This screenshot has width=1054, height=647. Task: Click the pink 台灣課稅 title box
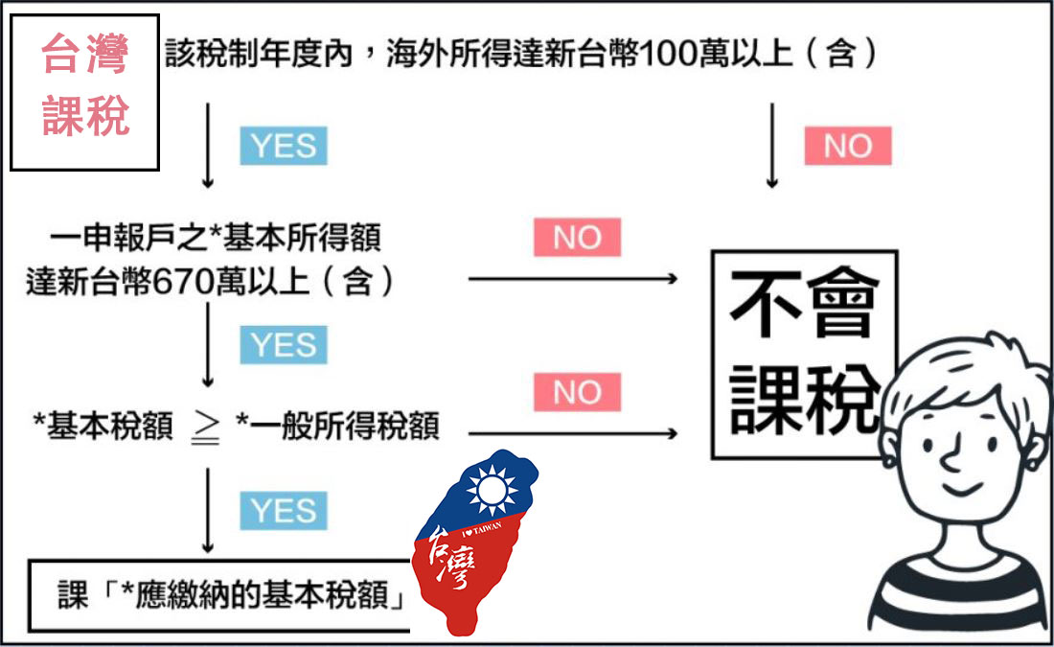coord(84,92)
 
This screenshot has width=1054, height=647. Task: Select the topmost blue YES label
coord(283,147)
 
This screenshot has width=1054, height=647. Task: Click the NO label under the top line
coord(847,147)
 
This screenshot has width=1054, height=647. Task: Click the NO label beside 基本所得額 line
coord(577,237)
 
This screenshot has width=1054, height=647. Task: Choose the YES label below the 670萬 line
coord(283,345)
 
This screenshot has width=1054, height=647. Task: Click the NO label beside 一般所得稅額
coord(577,392)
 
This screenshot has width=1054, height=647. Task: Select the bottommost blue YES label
coord(283,511)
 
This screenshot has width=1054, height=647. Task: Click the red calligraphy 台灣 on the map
coord(450,560)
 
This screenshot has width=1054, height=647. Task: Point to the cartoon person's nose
coord(952,463)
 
